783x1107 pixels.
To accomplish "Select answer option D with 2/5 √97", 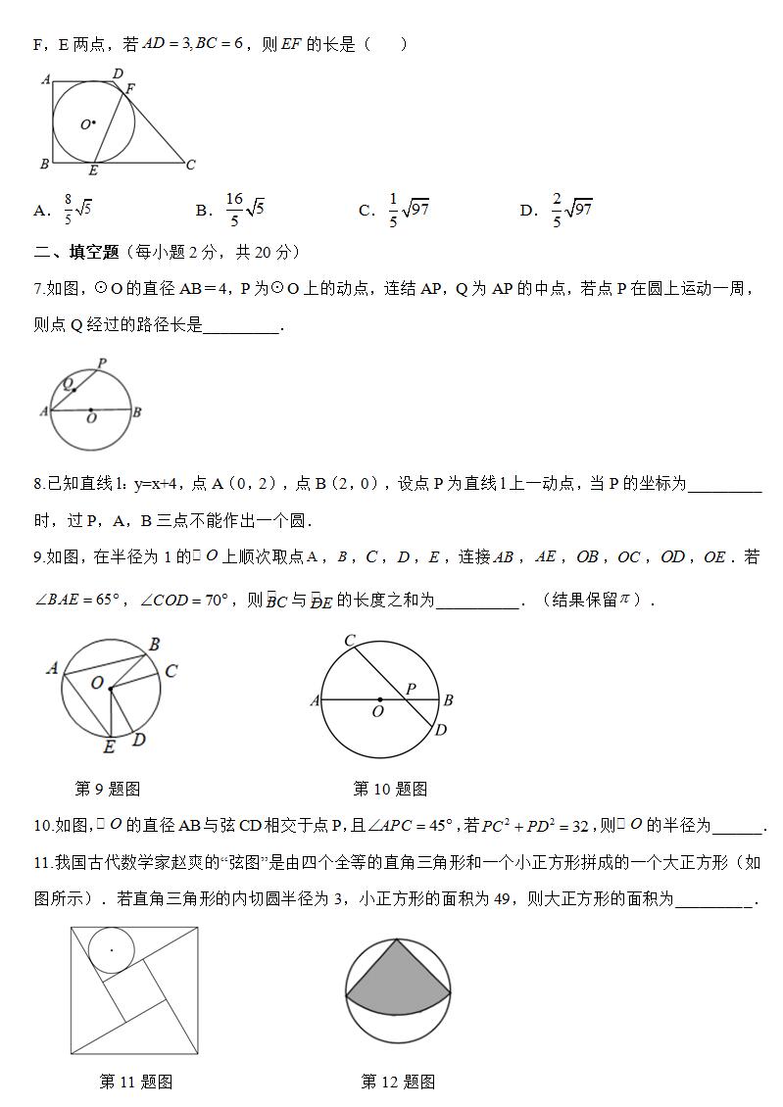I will (x=558, y=209).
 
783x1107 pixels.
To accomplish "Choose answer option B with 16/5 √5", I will (x=231, y=209).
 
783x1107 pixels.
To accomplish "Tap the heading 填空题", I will (x=92, y=252).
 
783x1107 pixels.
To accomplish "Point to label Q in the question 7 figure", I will (x=68, y=384).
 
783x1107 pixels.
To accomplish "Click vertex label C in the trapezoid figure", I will (x=190, y=165).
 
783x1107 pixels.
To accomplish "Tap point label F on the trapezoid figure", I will (x=130, y=88).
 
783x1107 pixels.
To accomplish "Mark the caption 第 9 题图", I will (x=108, y=789).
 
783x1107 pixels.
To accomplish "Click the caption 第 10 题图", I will (x=390, y=789).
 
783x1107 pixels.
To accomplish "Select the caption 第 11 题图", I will (x=136, y=1082).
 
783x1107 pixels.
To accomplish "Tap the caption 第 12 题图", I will (x=398, y=1082).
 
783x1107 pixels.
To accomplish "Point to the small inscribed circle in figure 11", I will (x=111, y=949).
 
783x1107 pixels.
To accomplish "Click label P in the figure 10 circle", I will (x=412, y=689).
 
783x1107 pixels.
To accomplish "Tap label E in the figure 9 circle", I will (x=109, y=747).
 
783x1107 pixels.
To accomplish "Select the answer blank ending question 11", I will (x=712, y=898).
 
